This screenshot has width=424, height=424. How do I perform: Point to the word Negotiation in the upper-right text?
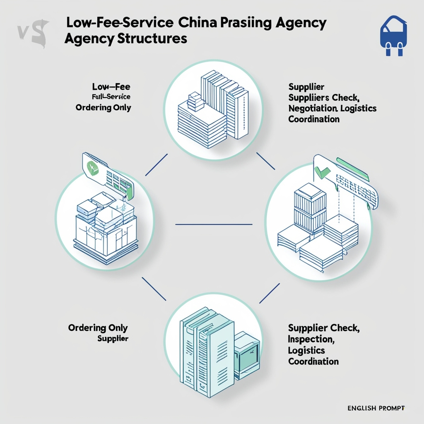[314, 108]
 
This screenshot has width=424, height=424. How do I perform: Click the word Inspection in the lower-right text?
[311, 339]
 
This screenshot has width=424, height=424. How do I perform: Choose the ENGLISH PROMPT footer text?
[376, 408]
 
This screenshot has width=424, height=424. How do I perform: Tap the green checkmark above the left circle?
[93, 167]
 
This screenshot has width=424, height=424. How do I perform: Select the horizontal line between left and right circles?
[214, 224]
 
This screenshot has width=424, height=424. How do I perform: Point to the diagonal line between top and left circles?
[157, 165]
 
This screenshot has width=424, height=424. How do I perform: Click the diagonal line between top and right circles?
[266, 161]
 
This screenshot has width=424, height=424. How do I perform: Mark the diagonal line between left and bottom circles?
[154, 289]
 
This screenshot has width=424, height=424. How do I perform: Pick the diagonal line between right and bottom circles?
[269, 294]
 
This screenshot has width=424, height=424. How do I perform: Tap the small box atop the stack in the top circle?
[193, 99]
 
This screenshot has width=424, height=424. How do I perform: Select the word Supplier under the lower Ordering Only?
[113, 338]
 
